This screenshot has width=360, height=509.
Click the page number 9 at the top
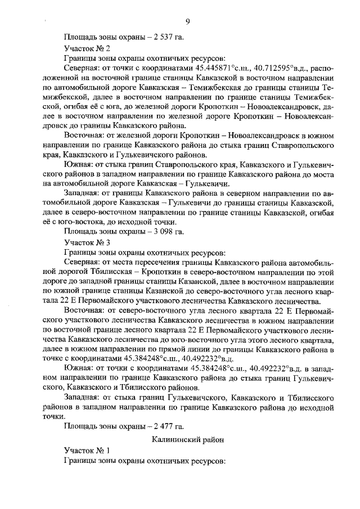pos(187,22)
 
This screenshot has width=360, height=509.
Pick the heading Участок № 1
pos(87,451)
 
